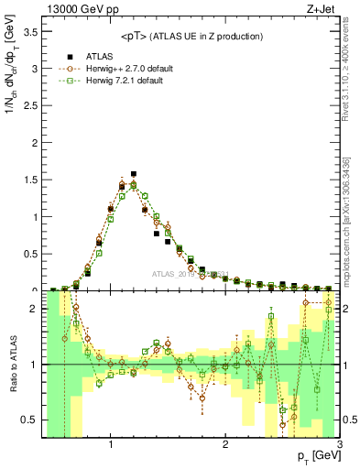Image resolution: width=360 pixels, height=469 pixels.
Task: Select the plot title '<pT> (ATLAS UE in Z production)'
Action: pos(191,36)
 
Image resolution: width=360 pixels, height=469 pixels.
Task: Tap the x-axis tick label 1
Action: pos(111,444)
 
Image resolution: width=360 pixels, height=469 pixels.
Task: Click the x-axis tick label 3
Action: pos(339,444)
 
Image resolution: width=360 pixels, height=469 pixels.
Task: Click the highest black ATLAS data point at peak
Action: pos(134,173)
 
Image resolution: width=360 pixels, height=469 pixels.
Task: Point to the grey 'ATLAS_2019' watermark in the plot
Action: pos(174,274)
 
